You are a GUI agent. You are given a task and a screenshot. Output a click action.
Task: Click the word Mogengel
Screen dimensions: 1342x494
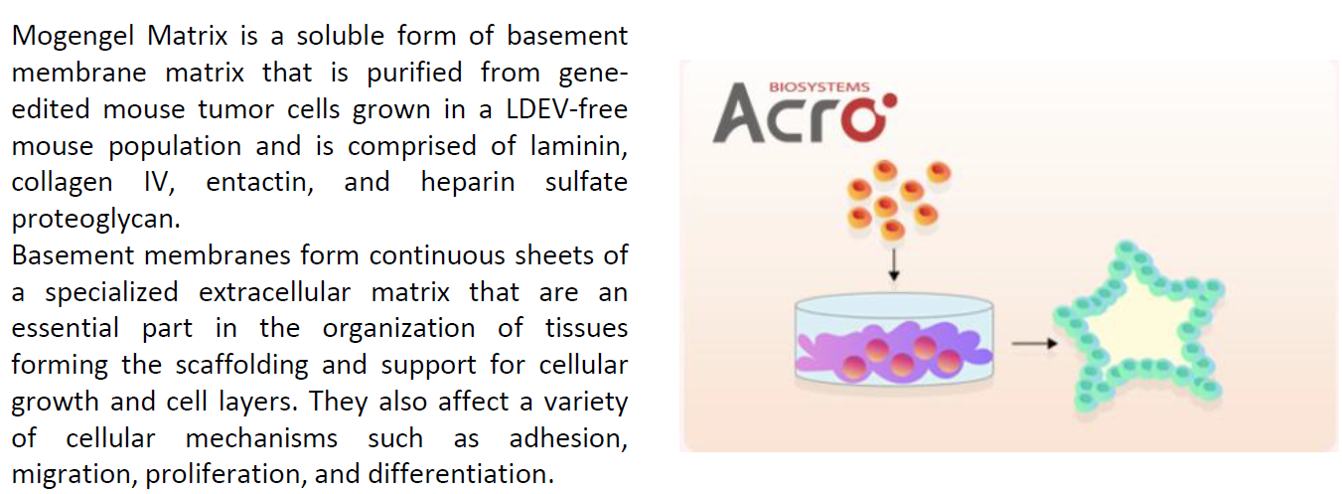[73, 37]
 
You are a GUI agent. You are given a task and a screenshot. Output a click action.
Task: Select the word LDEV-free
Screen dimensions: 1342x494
[567, 109]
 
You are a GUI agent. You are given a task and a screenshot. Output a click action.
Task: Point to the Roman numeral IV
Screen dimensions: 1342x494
[159, 182]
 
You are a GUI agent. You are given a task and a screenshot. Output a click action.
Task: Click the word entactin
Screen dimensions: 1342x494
[259, 182]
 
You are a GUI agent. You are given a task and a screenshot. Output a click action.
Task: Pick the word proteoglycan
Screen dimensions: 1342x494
[95, 220]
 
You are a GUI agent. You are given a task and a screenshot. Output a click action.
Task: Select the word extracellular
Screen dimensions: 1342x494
[274, 292]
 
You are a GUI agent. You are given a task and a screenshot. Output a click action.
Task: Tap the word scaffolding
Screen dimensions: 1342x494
[242, 366]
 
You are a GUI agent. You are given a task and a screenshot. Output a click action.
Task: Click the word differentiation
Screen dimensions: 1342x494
[461, 474]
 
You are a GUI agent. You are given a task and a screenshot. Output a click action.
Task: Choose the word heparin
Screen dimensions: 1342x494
[467, 183]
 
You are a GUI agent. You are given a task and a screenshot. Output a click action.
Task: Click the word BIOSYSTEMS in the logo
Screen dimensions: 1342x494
[819, 86]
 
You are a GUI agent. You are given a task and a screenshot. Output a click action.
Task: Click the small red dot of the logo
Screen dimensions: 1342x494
[890, 100]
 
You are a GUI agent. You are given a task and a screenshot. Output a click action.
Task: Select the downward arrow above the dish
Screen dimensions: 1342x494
[894, 264]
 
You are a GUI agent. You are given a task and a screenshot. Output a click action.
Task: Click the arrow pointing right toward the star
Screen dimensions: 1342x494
[1035, 344]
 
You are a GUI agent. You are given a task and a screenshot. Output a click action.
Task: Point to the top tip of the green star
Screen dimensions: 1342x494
[1126, 247]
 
